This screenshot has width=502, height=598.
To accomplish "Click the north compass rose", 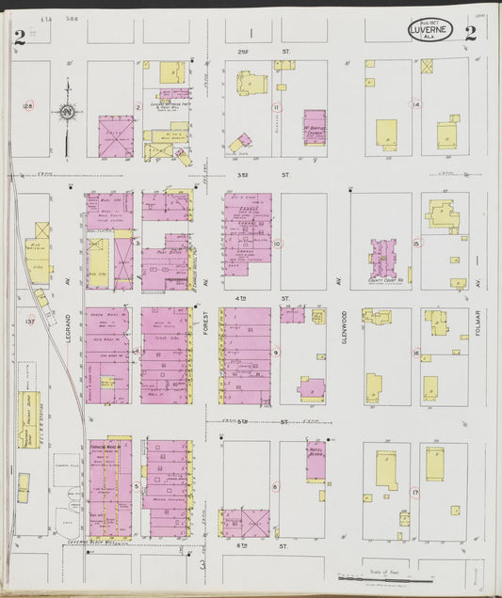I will [x=67, y=113].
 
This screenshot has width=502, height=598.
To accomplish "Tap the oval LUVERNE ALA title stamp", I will [x=430, y=31].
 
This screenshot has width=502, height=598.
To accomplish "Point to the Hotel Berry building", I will [x=316, y=461].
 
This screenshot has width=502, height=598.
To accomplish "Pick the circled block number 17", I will [x=415, y=492].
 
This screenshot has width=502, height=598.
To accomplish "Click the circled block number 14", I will [x=415, y=104].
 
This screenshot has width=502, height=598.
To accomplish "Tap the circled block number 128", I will [x=28, y=105].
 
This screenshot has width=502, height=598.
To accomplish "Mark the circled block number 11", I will [x=276, y=107].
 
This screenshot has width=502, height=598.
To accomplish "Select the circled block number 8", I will [x=275, y=486].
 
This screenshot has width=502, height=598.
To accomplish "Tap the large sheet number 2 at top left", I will [x=19, y=37].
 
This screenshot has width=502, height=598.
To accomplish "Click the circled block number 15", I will [x=415, y=244].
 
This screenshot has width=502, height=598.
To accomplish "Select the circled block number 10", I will [x=277, y=244].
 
